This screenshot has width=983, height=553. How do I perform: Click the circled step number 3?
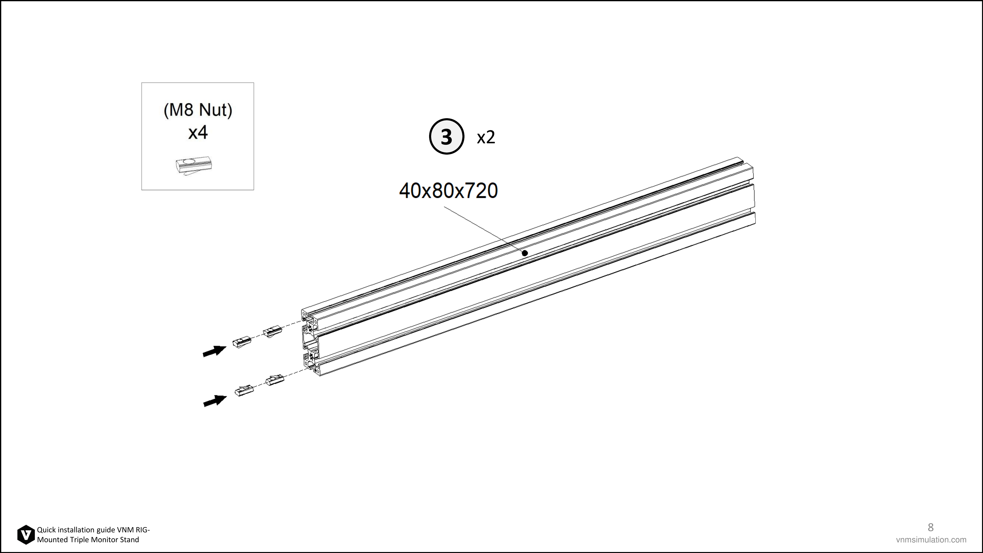(447, 136)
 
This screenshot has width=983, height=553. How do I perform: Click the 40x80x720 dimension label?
(448, 190)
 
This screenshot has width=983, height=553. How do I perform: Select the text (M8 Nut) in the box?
(198, 110)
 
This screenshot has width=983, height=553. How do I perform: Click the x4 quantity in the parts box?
(198, 132)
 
